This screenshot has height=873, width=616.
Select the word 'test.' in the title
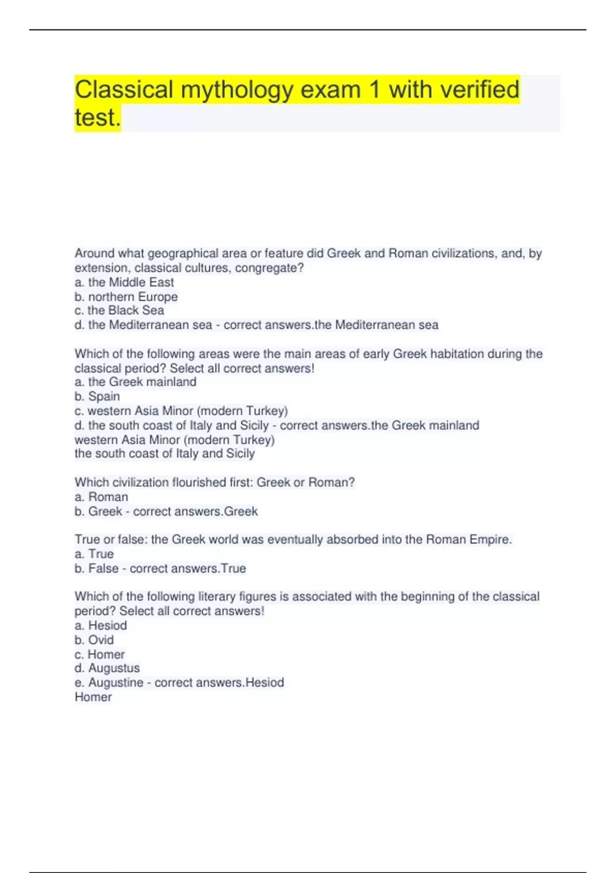tap(98, 118)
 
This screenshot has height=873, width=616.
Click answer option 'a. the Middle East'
tap(124, 282)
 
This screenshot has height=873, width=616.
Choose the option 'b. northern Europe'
tap(126, 297)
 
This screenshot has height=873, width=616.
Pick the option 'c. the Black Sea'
tap(119, 311)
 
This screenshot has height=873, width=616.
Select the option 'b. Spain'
tap(97, 396)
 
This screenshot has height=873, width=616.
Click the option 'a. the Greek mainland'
tap(136, 382)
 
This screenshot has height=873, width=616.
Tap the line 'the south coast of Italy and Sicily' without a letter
tap(164, 453)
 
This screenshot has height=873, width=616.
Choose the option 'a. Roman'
tap(101, 497)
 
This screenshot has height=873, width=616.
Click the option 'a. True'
tap(94, 554)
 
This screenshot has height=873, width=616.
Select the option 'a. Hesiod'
tap(101, 625)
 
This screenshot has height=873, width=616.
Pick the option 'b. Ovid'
tap(94, 640)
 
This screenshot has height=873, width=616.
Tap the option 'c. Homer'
tap(100, 654)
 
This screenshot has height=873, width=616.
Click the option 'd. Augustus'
tap(107, 668)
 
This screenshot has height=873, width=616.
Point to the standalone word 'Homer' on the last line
tap(93, 697)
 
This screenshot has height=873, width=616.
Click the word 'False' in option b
tap(103, 568)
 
